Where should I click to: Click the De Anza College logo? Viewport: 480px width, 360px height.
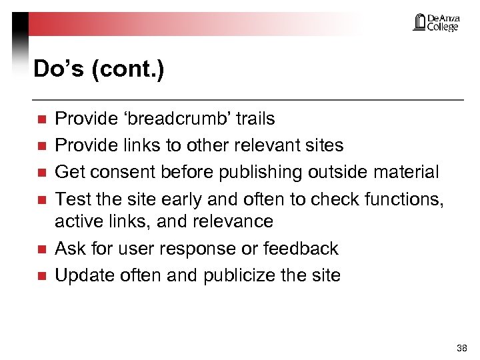(436, 23)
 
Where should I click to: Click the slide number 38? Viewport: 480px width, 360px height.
(462, 348)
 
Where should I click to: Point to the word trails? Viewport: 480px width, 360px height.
(255, 119)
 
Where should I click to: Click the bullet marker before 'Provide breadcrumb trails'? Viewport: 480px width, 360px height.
(41, 120)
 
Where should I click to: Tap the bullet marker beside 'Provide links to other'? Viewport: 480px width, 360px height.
(41, 146)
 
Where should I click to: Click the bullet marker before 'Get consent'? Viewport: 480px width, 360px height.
(41, 173)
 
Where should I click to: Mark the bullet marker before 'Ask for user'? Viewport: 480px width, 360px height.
(41, 249)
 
